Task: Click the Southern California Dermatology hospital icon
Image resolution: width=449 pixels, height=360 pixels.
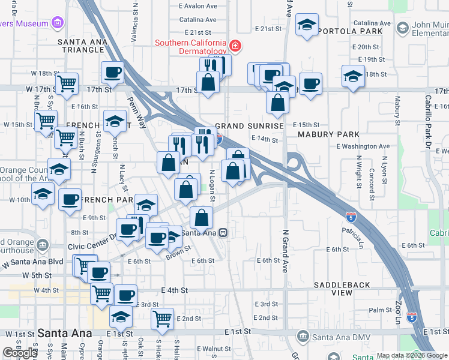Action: pyautogui.click(x=236, y=46)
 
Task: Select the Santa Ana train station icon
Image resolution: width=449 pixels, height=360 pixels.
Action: pyautogui.click(x=223, y=232)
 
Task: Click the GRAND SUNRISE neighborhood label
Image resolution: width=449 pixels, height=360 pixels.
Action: pyautogui.click(x=249, y=127)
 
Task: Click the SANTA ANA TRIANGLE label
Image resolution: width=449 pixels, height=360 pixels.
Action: pyautogui.click(x=83, y=47)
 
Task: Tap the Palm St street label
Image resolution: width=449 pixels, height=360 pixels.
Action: pyautogui.click(x=381, y=310)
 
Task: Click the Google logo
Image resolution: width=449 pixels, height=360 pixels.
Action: pyautogui.click(x=20, y=352)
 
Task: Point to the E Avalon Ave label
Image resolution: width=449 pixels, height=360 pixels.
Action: pyautogui.click(x=198, y=7)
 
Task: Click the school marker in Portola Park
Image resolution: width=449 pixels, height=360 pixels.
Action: pyautogui.click(x=307, y=25)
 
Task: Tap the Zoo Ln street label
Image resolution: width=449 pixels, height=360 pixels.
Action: pyautogui.click(x=398, y=310)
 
